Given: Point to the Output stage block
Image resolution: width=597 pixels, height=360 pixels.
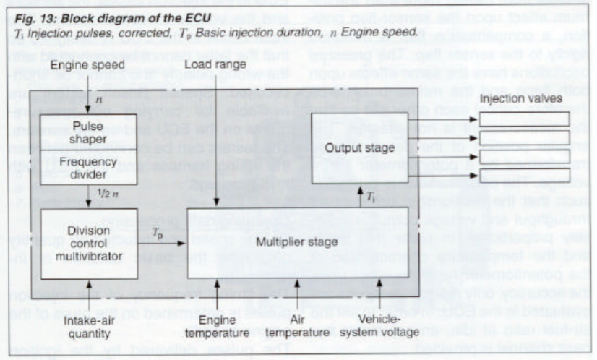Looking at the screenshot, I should [364, 147].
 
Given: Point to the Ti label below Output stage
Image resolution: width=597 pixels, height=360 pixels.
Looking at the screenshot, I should [371, 195].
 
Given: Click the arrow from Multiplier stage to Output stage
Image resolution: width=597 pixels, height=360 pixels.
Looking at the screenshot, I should [359, 197].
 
